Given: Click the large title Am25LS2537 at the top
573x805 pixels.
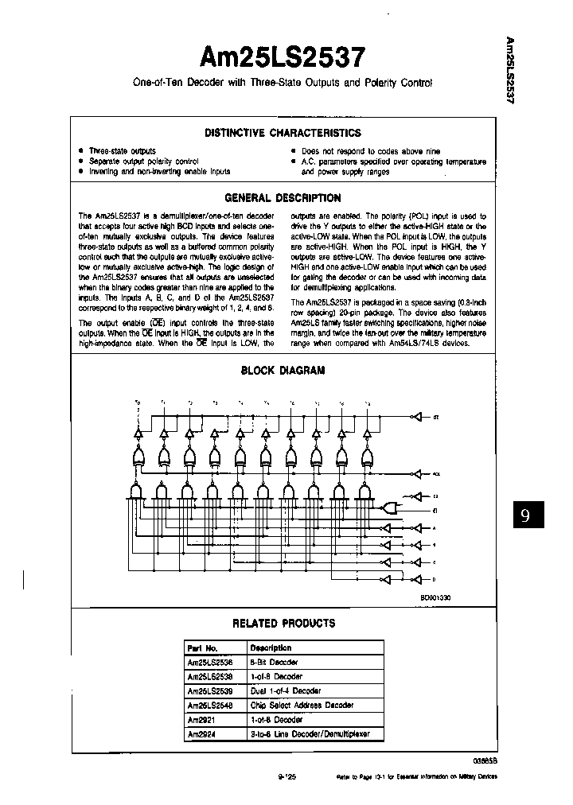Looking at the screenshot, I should pos(282,58).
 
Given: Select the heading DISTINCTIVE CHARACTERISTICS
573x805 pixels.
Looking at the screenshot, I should pos(283,133).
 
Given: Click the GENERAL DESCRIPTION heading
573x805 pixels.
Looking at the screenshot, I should pos(283,198).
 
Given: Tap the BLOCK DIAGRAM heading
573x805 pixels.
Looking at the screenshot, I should pos(283,370).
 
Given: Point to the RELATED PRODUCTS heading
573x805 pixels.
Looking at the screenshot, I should pos(283,623).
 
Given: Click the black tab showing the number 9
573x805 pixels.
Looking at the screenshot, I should pos(524,515).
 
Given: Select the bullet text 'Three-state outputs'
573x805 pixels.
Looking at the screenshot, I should pos(122,150).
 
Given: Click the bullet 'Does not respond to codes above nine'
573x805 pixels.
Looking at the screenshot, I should pos(371,150).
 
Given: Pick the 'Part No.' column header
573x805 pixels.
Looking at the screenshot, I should pos(202,647).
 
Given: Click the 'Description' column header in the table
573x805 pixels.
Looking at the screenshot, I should pos(271,647).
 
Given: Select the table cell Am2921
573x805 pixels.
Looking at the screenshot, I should pos(201,719).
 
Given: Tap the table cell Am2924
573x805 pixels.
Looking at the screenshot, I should pos(201,733).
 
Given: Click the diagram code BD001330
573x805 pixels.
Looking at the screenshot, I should pos(435,596).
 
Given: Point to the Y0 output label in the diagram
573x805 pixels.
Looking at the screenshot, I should pos(138,402).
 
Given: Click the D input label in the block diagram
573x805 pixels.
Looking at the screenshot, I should pos(434,580).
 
